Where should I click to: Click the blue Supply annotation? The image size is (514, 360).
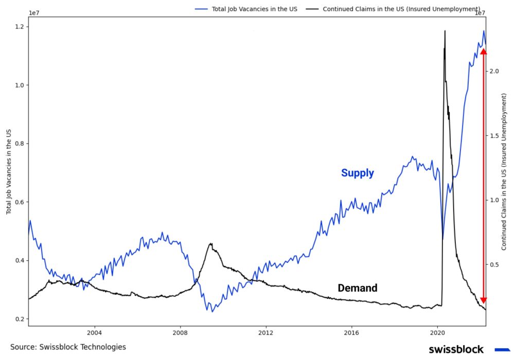click(357, 173)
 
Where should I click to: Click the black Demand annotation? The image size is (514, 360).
click(357, 288)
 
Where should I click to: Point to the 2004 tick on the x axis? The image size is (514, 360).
click(95, 333)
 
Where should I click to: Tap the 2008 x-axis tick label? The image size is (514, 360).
click(180, 333)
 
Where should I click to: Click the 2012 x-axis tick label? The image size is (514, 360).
click(266, 333)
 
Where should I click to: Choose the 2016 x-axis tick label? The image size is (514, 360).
click(351, 333)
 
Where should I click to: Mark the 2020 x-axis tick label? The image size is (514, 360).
click(437, 333)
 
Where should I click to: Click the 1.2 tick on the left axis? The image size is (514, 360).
click(20, 27)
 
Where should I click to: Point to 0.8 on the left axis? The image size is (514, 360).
click(20, 143)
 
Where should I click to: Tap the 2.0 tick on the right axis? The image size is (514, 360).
click(495, 71)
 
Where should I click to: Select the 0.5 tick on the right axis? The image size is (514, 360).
click(495, 264)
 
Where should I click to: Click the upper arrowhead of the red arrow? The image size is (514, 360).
click(483, 50)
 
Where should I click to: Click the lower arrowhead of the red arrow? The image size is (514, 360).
click(483, 300)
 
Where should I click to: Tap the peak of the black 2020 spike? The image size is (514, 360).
click(445, 31)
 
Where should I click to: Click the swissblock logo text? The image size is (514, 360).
click(456, 349)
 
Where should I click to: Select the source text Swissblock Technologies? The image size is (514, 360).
click(68, 347)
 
